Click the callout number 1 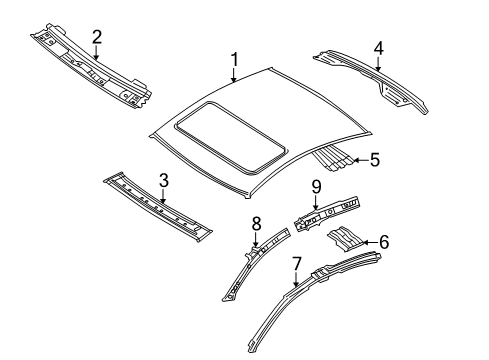(x=235, y=60)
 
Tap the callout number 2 (x=96, y=37)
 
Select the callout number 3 (x=164, y=181)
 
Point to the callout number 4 (x=379, y=49)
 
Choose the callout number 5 (x=375, y=160)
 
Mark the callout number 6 (x=384, y=242)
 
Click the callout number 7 (x=296, y=264)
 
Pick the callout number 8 (x=256, y=224)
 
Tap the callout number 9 (x=316, y=187)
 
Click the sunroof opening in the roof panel (x=230, y=137)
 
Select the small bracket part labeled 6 (x=344, y=239)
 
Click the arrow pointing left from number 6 (x=369, y=242)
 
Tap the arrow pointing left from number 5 (x=360, y=160)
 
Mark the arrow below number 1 (x=234, y=75)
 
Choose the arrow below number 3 (x=163, y=196)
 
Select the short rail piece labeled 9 (x=328, y=213)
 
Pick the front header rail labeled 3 (x=157, y=206)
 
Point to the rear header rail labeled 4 (x=370, y=80)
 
